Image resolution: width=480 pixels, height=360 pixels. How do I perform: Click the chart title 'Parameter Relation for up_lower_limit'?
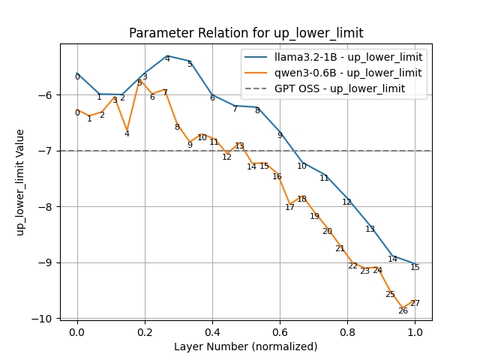tap(246, 33)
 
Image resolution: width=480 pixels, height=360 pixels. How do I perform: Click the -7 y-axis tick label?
tap(46, 151)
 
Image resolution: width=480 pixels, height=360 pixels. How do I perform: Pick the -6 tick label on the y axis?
tap(46, 95)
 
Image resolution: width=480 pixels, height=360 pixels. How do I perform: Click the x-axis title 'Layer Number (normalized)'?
tap(246, 346)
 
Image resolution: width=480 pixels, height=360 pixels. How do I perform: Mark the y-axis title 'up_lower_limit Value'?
tap(20, 182)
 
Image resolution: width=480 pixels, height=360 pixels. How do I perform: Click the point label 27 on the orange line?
tap(415, 304)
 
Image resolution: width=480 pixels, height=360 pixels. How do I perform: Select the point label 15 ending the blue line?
tap(415, 268)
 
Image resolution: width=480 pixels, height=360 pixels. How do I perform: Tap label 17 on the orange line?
tap(289, 208)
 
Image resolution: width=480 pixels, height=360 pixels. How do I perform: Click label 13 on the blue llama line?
tap(370, 229)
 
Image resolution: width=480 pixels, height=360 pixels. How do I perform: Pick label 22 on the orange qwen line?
tap(352, 266)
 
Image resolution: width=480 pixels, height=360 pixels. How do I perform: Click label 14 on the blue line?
tap(392, 259)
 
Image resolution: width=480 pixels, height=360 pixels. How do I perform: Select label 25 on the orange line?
tap(390, 295)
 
